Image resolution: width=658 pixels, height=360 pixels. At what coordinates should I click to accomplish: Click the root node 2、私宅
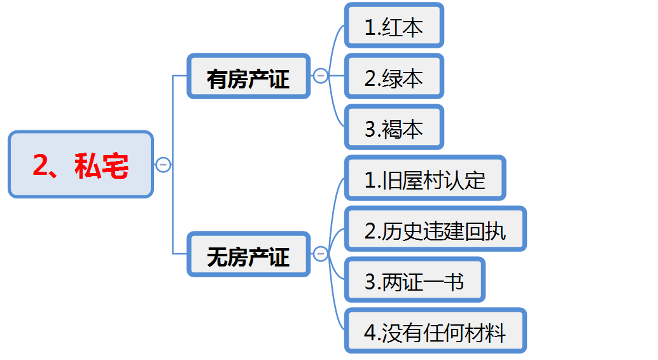pyautogui.click(x=81, y=164)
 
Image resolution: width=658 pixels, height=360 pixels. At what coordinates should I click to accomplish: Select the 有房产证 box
pyautogui.click(x=248, y=76)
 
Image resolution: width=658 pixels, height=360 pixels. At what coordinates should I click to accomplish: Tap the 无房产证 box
pyautogui.click(x=248, y=254)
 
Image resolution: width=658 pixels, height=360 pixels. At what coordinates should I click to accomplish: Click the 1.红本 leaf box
pyautogui.click(x=394, y=25)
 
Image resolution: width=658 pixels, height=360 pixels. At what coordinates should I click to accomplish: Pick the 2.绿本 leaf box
pyautogui.click(x=394, y=76)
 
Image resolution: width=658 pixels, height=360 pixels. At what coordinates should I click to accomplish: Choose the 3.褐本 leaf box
pyautogui.click(x=394, y=127)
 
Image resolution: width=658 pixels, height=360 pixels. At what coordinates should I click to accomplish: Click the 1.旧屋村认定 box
pyautogui.click(x=425, y=178)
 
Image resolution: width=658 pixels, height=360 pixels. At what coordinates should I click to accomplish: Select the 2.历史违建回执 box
pyautogui.click(x=435, y=229)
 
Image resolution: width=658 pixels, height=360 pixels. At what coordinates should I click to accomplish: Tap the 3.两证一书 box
pyautogui.click(x=415, y=280)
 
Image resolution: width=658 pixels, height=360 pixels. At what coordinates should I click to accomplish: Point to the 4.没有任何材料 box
pyautogui.click(x=435, y=331)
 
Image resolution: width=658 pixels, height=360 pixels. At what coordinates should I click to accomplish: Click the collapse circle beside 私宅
pyautogui.click(x=163, y=165)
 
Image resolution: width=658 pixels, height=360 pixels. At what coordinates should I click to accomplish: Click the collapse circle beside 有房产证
pyautogui.click(x=320, y=76)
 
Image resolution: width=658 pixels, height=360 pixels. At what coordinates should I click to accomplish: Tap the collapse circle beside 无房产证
pyautogui.click(x=320, y=254)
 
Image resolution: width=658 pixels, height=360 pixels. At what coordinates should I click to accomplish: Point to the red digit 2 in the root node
pyautogui.click(x=41, y=165)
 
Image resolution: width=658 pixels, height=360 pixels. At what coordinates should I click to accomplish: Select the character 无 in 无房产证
pyautogui.click(x=217, y=257)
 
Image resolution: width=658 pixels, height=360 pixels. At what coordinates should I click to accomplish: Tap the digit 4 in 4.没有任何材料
pyautogui.click(x=370, y=333)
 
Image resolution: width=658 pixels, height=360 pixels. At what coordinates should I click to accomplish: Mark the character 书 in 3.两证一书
pyautogui.click(x=454, y=282)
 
